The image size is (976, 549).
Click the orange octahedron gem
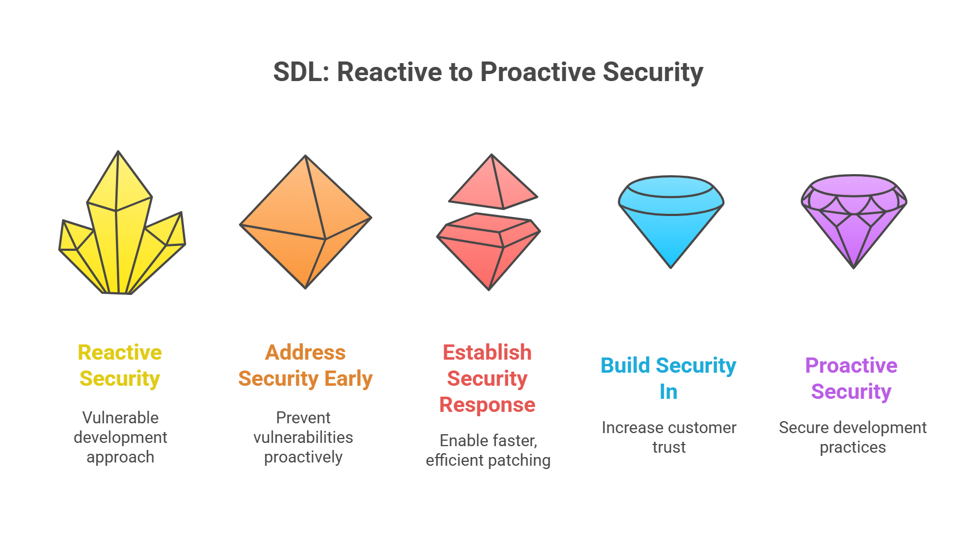[x=305, y=222]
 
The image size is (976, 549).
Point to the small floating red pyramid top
[x=493, y=184]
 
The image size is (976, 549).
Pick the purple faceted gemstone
[x=854, y=220]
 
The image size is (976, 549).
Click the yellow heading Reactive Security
[x=120, y=365]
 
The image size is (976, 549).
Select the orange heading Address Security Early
[x=305, y=365]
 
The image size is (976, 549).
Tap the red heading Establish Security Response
[x=487, y=378]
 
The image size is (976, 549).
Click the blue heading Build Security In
[x=668, y=378]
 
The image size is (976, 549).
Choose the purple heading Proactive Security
[x=851, y=378]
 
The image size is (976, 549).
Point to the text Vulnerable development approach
[x=120, y=437]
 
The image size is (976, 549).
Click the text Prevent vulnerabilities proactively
[x=303, y=437]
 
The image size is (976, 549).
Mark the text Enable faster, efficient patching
[x=488, y=450]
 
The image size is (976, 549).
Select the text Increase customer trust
[x=669, y=437]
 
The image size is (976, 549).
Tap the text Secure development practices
[x=852, y=437]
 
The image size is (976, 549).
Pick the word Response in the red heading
[x=487, y=405]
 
